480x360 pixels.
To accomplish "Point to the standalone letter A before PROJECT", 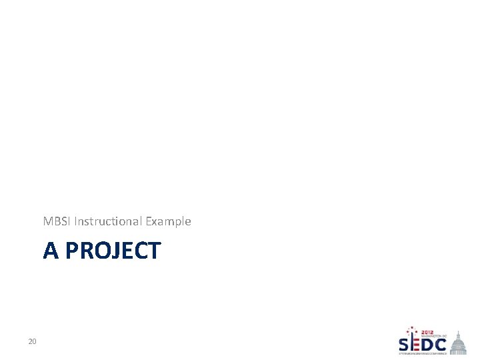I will pyautogui.click(x=51, y=251).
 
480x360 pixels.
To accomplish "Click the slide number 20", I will pyautogui.click(x=32, y=342).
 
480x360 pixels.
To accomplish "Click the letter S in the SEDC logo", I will pyautogui.click(x=405, y=345).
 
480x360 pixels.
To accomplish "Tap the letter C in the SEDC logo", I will pyautogui.click(x=441, y=345).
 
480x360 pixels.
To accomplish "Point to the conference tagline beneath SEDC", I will pyautogui.click(x=423, y=354).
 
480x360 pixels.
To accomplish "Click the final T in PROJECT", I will pyautogui.click(x=154, y=251).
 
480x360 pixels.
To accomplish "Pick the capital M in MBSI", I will pyautogui.click(x=47, y=221).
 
